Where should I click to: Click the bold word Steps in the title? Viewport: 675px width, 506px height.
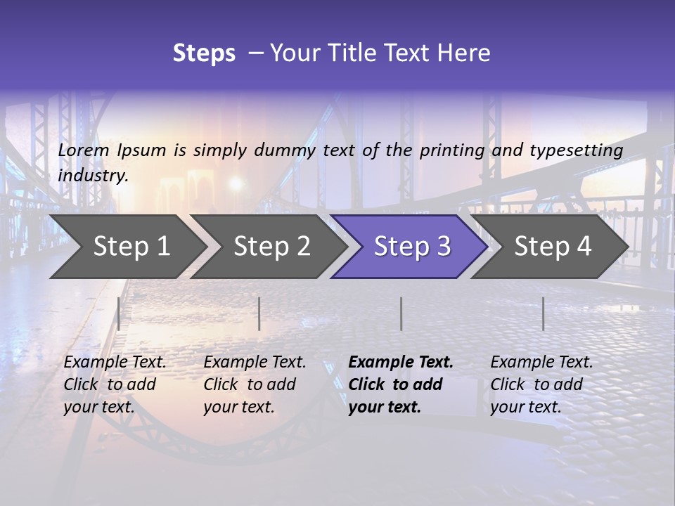point(204,53)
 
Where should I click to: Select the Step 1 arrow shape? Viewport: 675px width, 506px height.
point(127,247)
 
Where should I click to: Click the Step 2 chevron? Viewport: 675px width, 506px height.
point(271,247)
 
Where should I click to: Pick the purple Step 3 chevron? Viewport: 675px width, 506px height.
point(411,247)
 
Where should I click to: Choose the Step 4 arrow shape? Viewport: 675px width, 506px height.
point(552,247)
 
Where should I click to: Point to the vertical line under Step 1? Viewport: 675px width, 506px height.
point(119,313)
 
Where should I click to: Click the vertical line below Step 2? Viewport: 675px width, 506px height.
point(259,313)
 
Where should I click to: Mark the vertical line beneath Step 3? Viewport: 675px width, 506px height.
point(401,313)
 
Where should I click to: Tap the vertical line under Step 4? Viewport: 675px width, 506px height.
point(543,313)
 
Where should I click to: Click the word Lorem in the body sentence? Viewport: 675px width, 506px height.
point(84,150)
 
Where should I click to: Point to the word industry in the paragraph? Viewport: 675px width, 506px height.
point(93,176)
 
